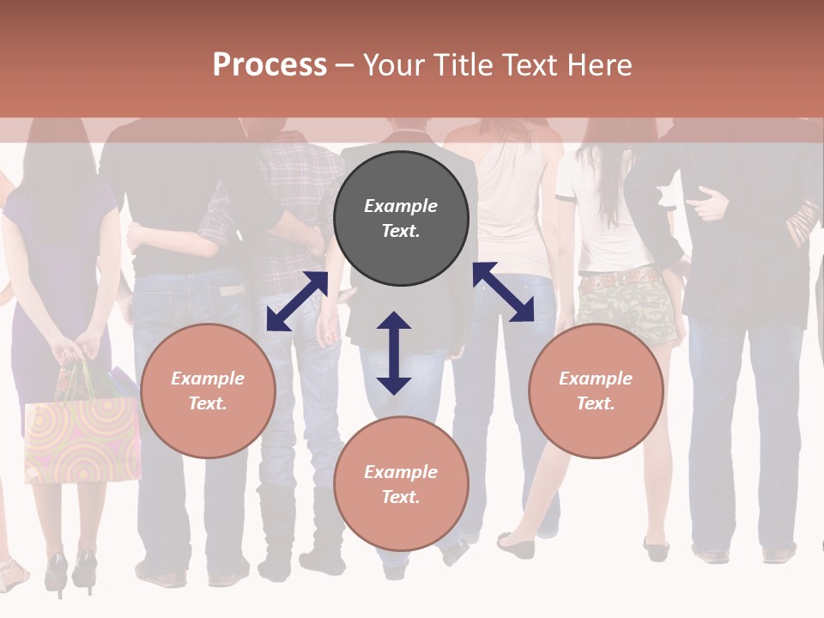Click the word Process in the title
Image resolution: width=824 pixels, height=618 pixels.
tap(270, 65)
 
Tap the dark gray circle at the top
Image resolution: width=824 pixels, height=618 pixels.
tap(401, 218)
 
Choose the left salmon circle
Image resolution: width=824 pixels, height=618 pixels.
tap(208, 391)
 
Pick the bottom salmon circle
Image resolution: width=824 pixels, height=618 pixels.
tap(401, 484)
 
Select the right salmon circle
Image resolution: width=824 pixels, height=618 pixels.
tap(596, 391)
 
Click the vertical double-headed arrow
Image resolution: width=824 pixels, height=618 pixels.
tap(394, 353)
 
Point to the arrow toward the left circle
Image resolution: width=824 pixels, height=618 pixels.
tap(297, 301)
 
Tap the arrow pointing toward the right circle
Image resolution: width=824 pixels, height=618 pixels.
tap(504, 292)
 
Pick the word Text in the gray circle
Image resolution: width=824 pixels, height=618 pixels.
tap(401, 231)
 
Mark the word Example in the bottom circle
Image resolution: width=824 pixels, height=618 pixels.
tap(401, 471)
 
